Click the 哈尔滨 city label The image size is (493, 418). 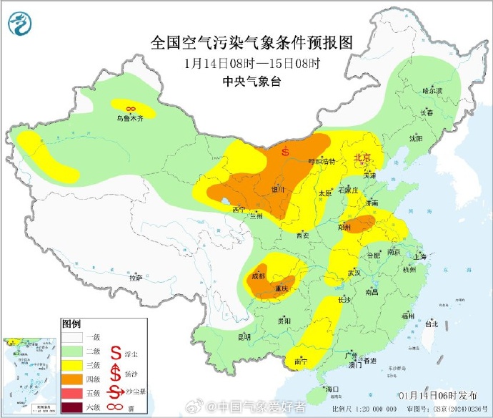point(432,91)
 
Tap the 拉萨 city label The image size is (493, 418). point(135,277)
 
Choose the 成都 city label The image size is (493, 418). point(259,276)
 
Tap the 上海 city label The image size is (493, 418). point(419,256)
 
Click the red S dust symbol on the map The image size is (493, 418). point(285,151)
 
